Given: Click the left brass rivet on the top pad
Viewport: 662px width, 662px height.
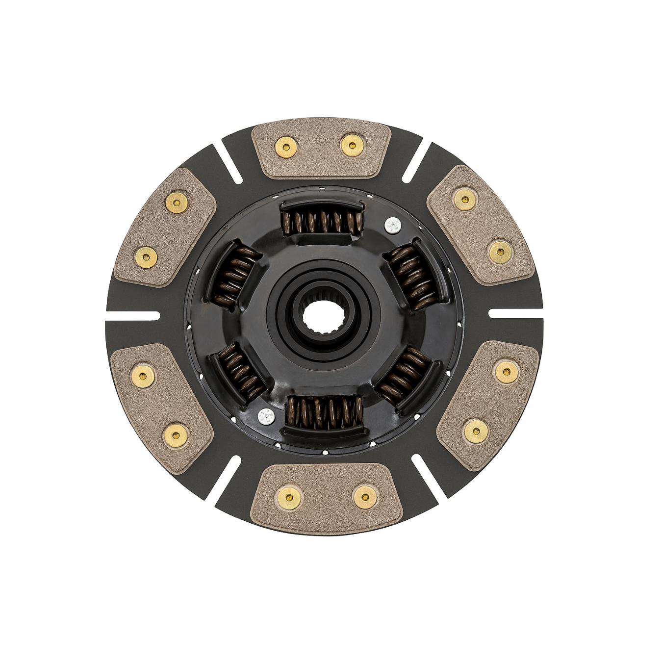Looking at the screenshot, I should click(284, 145).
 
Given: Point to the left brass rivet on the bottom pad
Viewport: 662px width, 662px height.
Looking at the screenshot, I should click(287, 497).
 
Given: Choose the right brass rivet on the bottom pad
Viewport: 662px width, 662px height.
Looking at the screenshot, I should click(362, 498).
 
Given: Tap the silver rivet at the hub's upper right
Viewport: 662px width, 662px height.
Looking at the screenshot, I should click(392, 225).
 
